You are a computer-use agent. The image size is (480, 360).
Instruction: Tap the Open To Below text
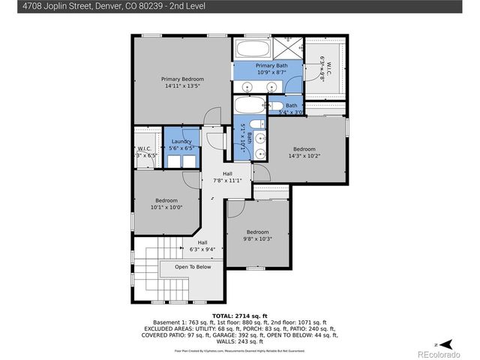[x=193, y=266]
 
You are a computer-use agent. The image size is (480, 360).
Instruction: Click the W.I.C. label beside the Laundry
[x=143, y=148]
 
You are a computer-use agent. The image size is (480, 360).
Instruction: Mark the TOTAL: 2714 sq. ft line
[x=240, y=316]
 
